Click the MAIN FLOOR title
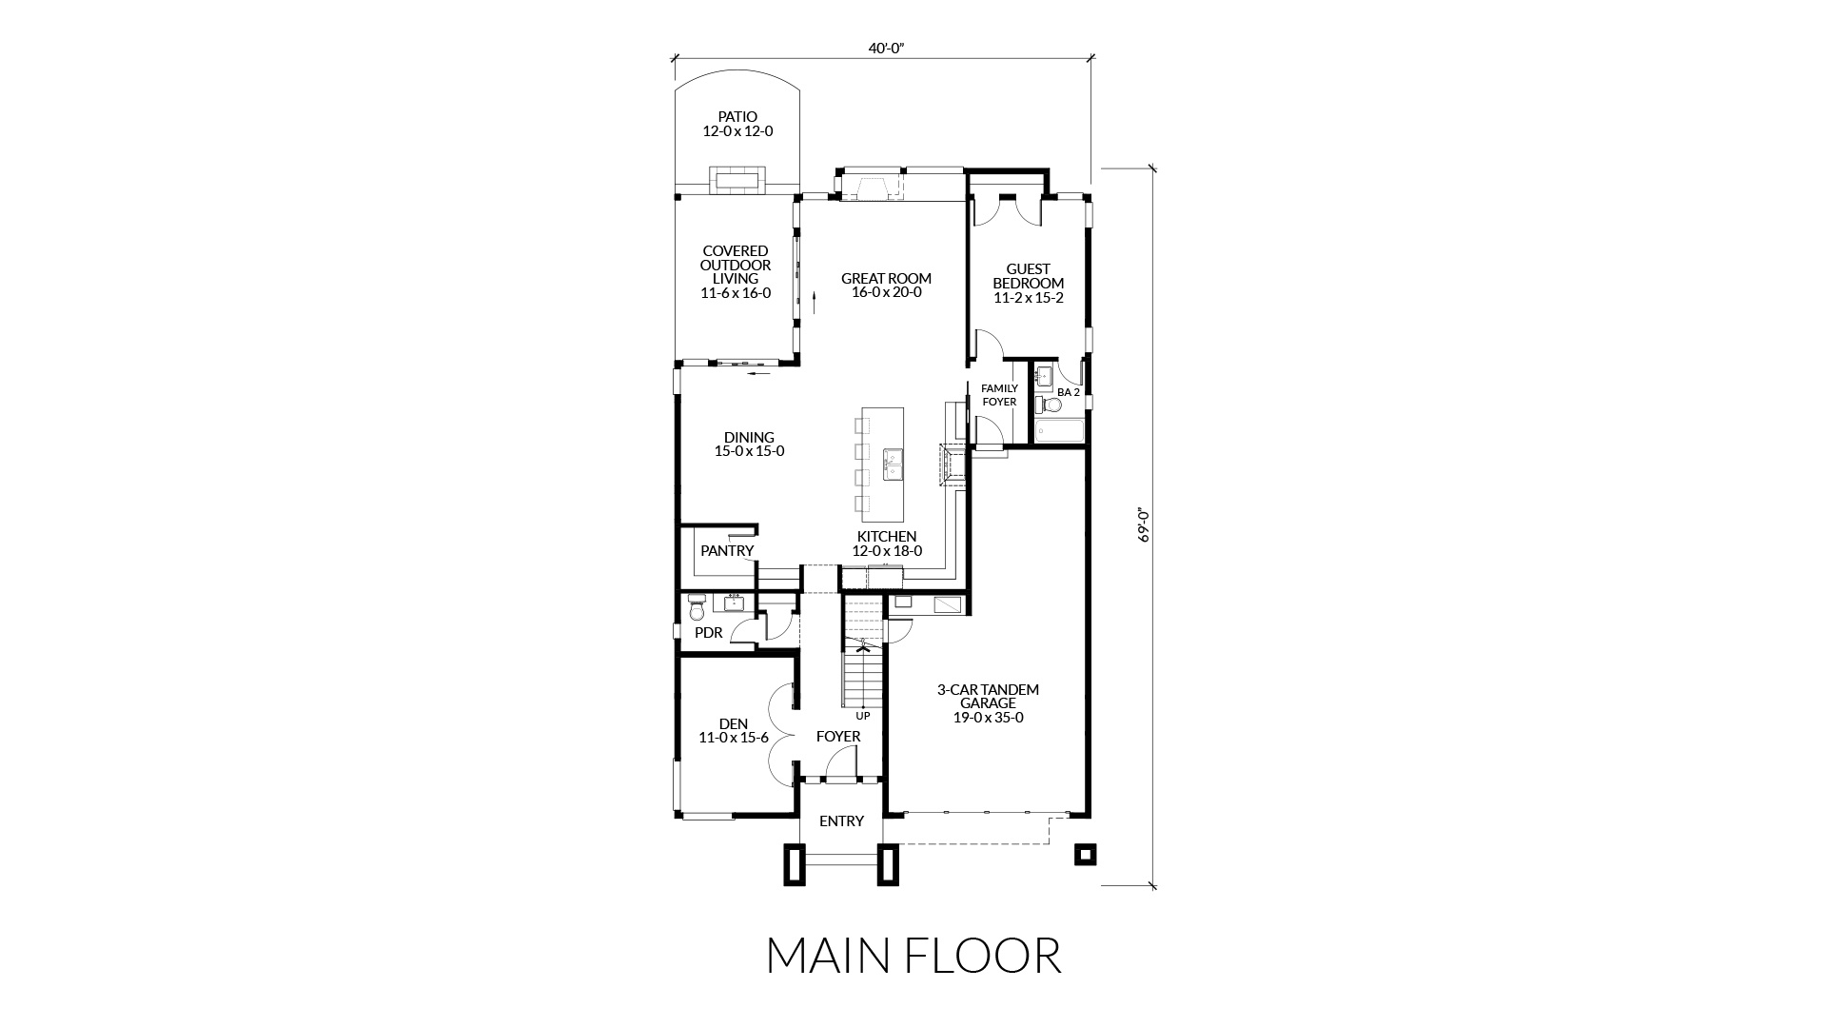coord(913,956)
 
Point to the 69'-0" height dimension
coord(1145,524)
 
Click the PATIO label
coord(737,117)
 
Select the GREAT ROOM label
coord(886,279)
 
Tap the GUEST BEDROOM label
coord(1028,276)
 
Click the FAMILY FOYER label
coord(999,395)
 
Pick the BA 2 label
coord(1069,392)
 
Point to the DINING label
coord(749,438)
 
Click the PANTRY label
coord(727,550)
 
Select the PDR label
coord(708,633)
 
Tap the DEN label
coord(734,723)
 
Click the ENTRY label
coord(841,820)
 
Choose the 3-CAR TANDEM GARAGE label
coord(988,696)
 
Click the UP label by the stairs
coord(863,715)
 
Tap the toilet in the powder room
coord(697,606)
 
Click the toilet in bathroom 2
coord(1049,405)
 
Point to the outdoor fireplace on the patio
coord(737,181)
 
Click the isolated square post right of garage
coord(1085,854)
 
